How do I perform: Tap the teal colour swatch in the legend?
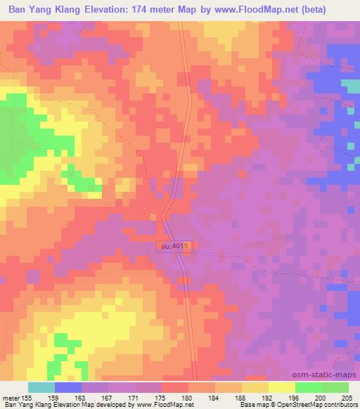pos(41,387)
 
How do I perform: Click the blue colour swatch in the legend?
pos(68,387)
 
